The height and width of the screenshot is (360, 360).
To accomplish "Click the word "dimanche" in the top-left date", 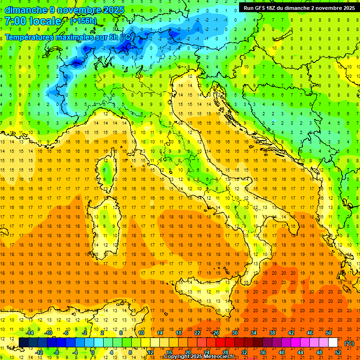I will [x=26, y=10].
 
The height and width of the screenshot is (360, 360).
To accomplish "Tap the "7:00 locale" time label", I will [x=33, y=21].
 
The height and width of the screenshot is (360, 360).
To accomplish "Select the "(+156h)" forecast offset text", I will [x=83, y=21].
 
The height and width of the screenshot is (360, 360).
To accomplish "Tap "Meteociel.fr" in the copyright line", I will [x=219, y=357].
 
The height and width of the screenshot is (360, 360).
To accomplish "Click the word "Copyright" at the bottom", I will [x=178, y=357].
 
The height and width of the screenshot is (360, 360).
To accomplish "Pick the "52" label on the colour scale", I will [x=337, y=352].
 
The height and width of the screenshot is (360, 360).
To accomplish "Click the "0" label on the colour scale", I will [x=93, y=352].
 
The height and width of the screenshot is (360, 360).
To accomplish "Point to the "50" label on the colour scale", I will [x=328, y=333].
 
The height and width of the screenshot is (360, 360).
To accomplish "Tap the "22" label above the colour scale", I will [x=197, y=333].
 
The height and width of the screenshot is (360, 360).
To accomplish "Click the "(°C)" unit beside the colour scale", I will [x=349, y=343].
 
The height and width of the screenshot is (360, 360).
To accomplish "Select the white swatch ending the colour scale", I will [x=333, y=343].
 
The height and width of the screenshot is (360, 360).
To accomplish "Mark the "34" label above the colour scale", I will [x=253, y=333].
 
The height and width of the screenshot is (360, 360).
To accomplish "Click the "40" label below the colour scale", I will [x=281, y=352].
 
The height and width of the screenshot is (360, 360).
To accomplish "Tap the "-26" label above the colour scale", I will [x=215, y=333].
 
